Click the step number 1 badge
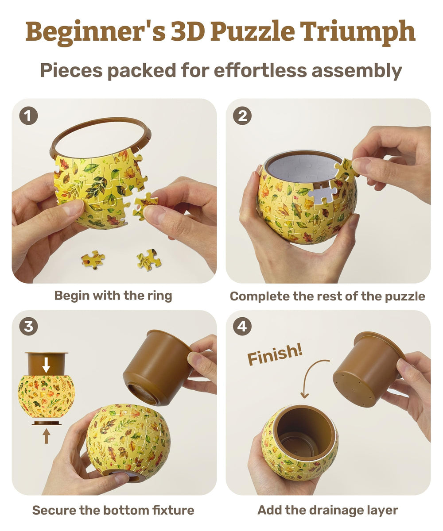tap(28, 116)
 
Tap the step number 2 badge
tap(242, 116)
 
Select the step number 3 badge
tap(28, 327)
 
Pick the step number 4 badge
tap(242, 327)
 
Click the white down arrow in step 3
tap(46, 365)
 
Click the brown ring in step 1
tap(100, 128)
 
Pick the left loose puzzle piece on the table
tap(93, 260)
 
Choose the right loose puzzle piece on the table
tap(149, 260)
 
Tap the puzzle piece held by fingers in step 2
tap(346, 170)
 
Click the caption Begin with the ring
tap(113, 296)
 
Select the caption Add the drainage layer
tap(328, 510)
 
